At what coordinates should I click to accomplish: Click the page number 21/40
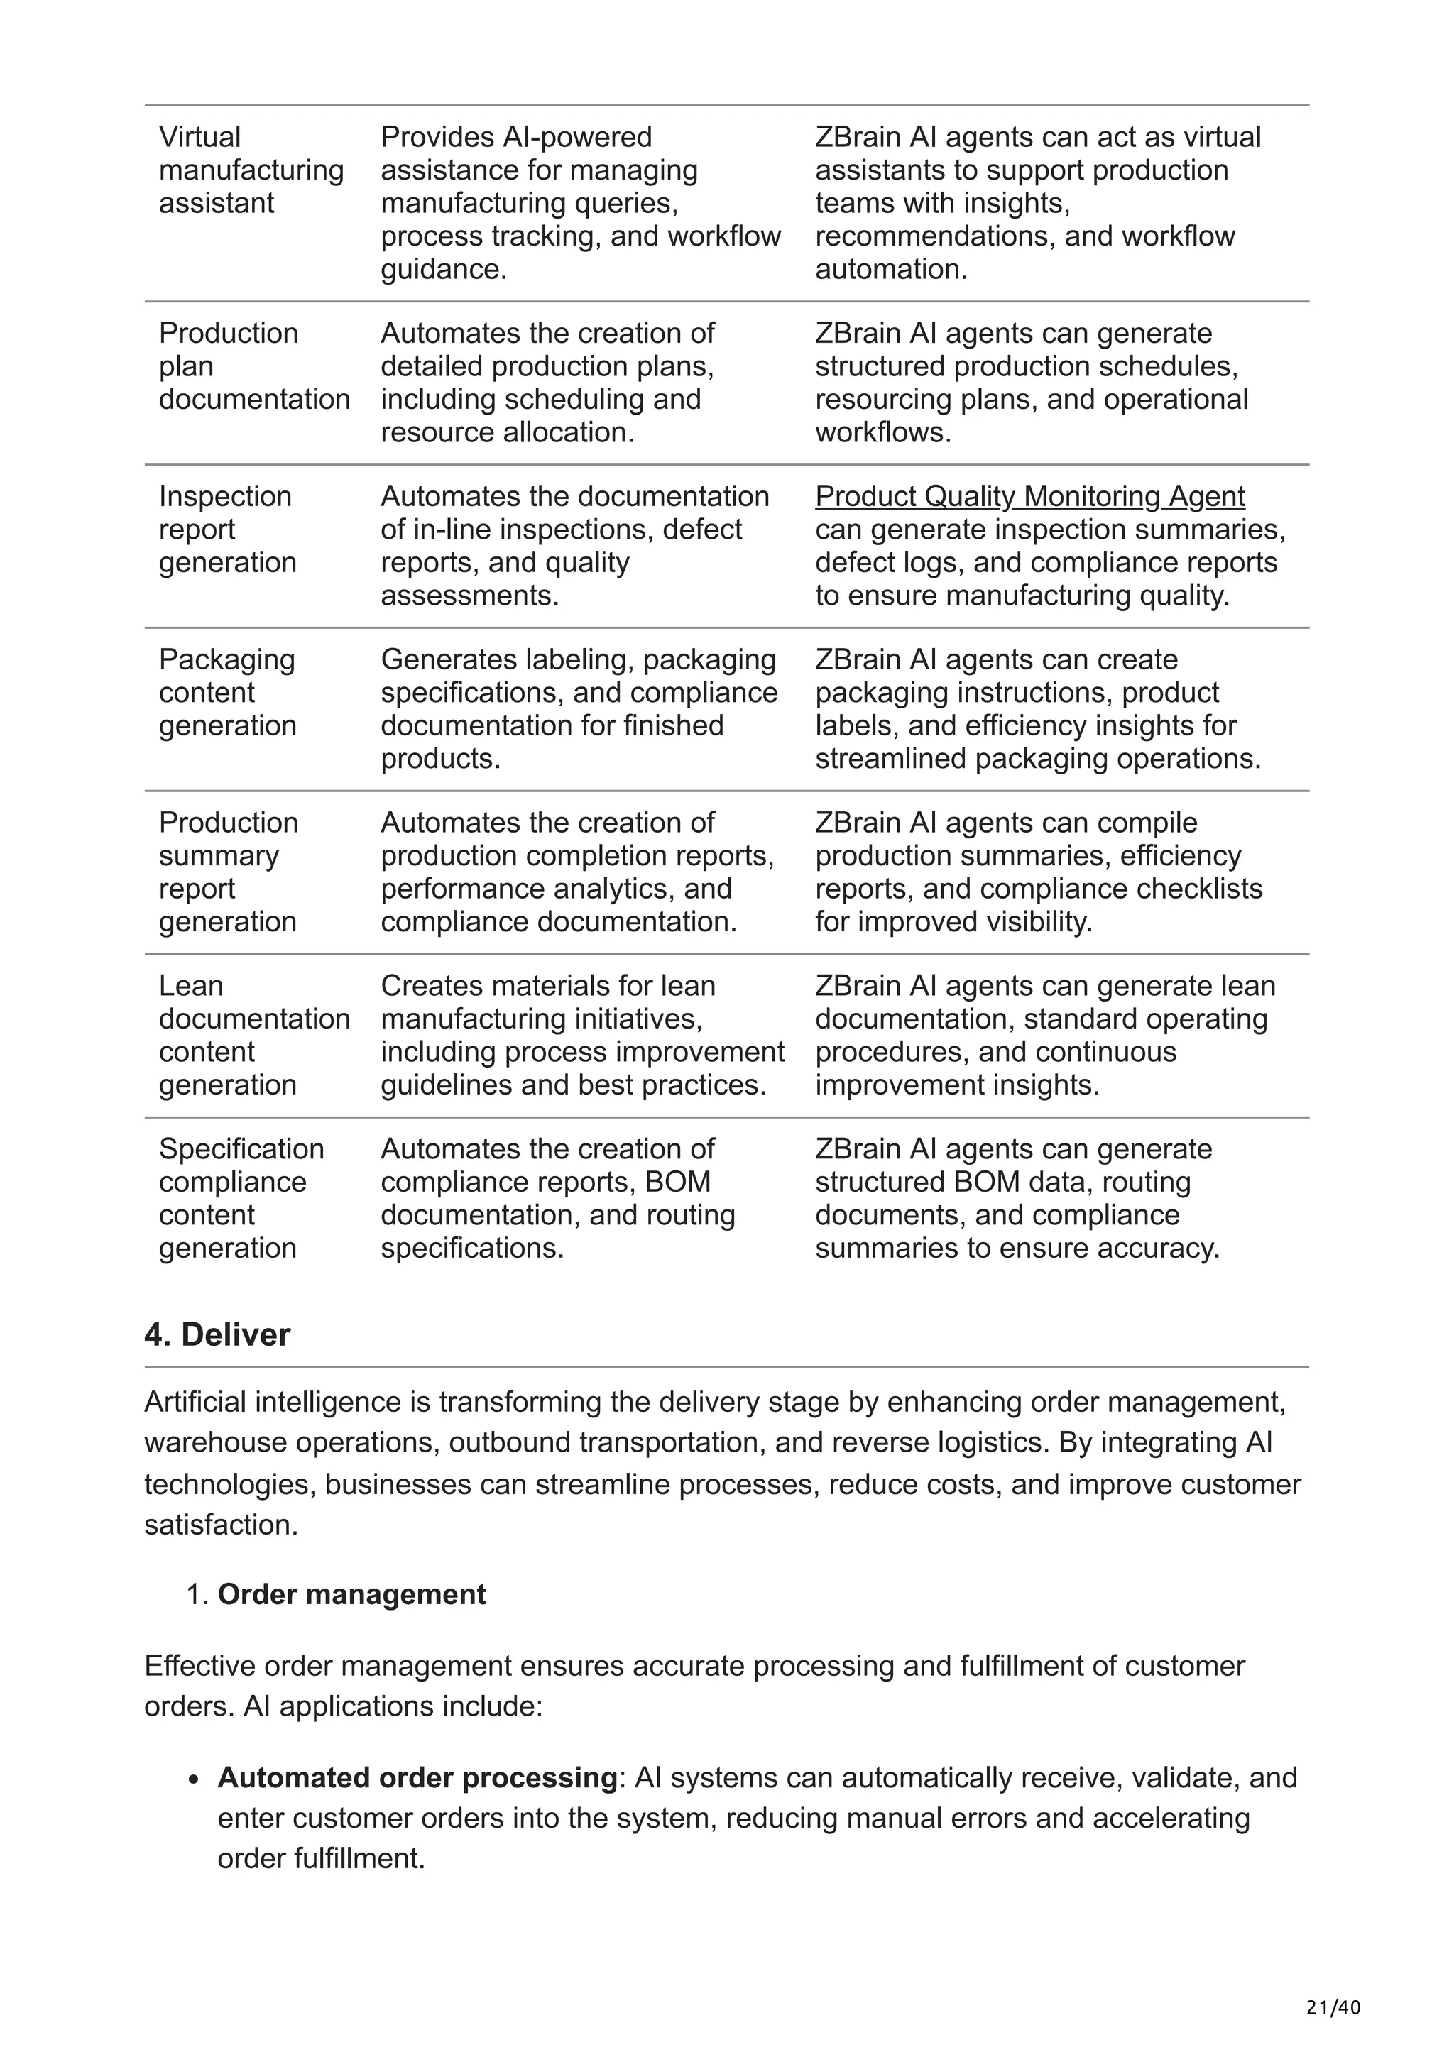(1333, 2008)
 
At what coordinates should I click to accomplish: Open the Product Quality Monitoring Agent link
(1029, 496)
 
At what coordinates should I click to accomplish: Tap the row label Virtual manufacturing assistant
(251, 170)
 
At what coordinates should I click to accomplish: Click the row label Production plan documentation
(253, 366)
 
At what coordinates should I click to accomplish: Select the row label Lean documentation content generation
(253, 1035)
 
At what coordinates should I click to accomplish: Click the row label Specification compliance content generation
(241, 1198)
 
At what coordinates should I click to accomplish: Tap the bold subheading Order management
(351, 1595)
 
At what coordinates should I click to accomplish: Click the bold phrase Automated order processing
(417, 1777)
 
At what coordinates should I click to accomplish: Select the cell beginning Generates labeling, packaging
(579, 708)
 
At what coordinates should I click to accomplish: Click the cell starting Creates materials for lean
(582, 1035)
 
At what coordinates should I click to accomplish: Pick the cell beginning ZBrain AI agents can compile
(1038, 872)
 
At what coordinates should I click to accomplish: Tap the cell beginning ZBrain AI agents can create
(1037, 708)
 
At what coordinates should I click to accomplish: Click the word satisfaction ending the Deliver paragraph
(220, 1524)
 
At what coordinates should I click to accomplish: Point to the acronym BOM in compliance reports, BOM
(677, 1182)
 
